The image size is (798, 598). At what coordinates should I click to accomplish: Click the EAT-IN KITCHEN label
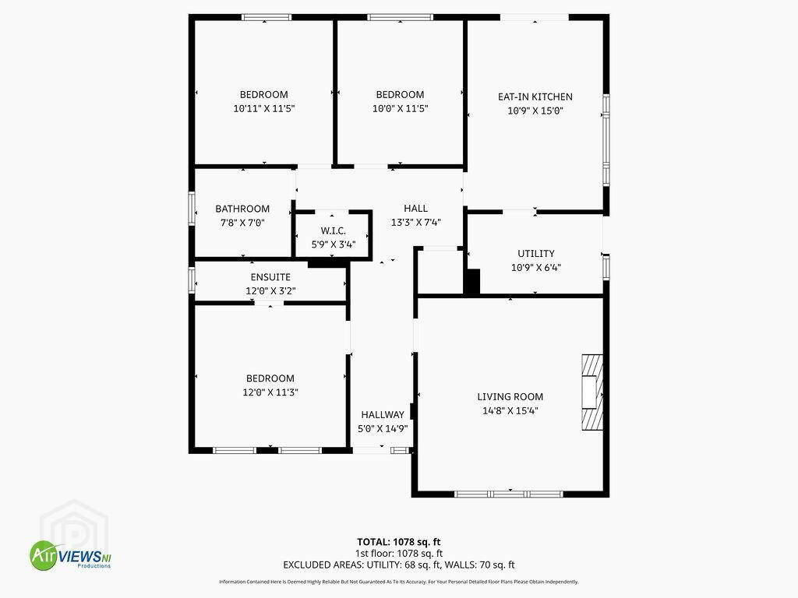tap(535, 97)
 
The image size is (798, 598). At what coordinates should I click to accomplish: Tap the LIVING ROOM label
tap(510, 396)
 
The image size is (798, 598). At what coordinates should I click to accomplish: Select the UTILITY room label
tap(536, 253)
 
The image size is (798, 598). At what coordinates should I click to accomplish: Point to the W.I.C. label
tap(334, 230)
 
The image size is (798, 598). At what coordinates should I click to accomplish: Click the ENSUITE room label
tap(270, 277)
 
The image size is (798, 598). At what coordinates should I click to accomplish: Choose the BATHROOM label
tap(242, 209)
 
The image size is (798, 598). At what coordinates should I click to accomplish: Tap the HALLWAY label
tap(383, 414)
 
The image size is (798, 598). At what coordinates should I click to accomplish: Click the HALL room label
tap(416, 208)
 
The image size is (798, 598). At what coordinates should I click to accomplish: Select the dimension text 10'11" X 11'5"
tap(264, 108)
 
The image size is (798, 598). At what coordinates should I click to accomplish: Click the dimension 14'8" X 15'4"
tap(510, 410)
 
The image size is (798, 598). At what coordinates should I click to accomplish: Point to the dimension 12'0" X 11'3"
tap(270, 392)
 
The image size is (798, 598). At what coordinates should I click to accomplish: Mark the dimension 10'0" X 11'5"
tap(400, 108)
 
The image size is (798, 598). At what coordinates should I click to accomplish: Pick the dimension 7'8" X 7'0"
tap(242, 222)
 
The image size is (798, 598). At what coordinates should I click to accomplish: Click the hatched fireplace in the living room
tap(592, 392)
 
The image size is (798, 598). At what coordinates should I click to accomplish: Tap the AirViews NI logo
tap(70, 554)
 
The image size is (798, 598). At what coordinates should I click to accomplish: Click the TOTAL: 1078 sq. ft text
tap(398, 542)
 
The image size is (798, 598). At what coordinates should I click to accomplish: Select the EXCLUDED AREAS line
tap(398, 565)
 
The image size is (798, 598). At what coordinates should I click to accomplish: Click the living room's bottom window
tap(509, 494)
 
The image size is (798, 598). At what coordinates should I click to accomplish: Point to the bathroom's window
tap(192, 208)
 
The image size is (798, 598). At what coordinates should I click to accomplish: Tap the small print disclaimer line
tap(398, 582)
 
